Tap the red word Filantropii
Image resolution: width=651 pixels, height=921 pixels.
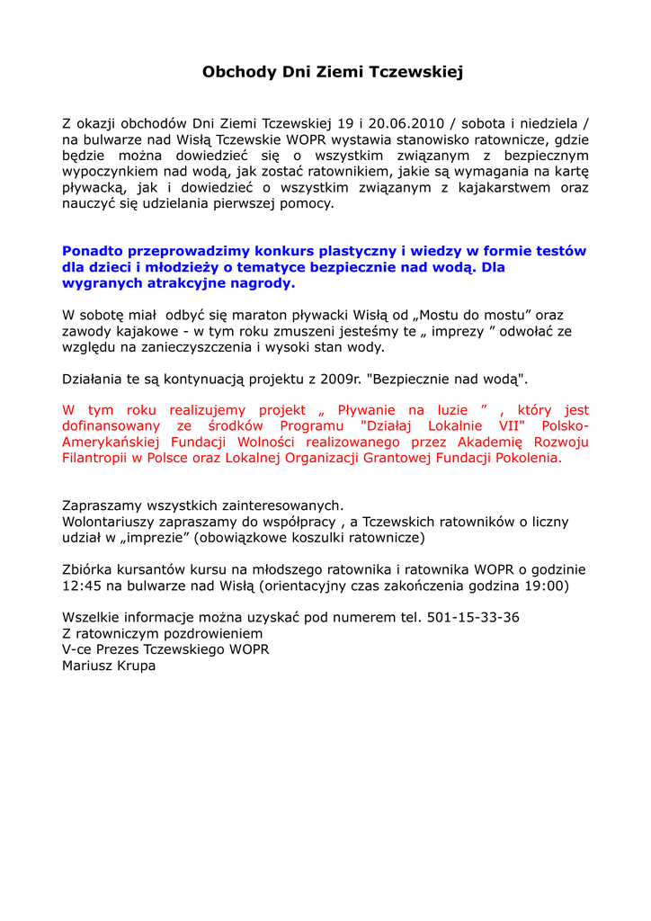point(99,458)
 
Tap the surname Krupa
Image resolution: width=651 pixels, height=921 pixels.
point(135,666)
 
